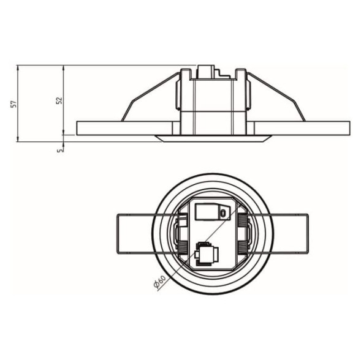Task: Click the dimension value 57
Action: coord(15,103)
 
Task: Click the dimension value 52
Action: coord(59,100)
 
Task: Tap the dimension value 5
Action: coord(60,151)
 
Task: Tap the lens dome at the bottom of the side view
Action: coord(213,138)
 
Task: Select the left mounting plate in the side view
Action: coord(124,128)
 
